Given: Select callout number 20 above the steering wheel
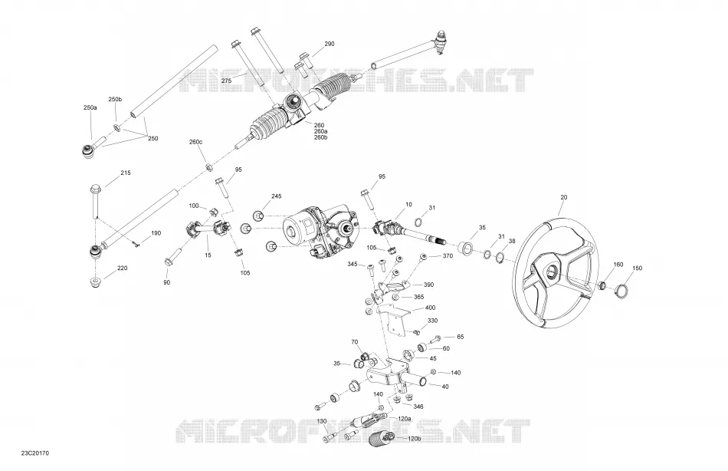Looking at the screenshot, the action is (564, 197).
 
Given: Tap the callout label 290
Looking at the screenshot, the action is (330, 44).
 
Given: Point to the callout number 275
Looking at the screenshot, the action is (226, 81).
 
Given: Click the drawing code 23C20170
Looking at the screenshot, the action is (34, 453).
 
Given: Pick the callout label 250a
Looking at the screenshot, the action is (90, 107).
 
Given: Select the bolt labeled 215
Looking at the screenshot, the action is (95, 201).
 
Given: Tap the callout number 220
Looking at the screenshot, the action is (122, 268).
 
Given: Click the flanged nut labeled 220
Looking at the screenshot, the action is (95, 282).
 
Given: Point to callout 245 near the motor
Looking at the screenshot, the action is (276, 196).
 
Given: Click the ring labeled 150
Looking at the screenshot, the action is (621, 291).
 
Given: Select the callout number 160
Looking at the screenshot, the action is (618, 265).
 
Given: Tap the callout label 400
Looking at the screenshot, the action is (431, 308).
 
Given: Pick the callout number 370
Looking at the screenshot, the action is (448, 255).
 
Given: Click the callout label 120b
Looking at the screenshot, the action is (414, 439).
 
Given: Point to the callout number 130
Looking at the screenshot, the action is (322, 421).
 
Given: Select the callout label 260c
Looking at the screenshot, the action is (195, 142).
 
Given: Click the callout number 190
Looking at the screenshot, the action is (156, 233).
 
